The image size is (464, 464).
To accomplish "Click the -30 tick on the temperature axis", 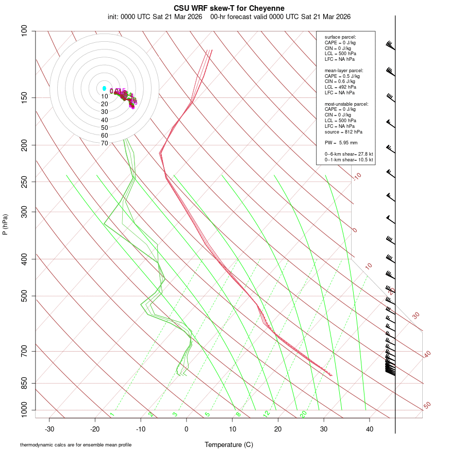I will point(49,429).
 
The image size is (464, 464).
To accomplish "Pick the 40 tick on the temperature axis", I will point(370,429).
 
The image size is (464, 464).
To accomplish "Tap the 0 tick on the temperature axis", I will point(187,429).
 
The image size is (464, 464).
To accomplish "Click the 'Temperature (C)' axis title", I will point(228,444).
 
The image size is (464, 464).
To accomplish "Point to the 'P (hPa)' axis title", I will point(5,224).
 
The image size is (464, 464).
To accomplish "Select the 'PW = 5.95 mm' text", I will point(341,142).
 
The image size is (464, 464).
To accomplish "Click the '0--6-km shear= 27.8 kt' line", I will point(349,154).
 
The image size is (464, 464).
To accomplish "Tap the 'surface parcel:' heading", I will point(340,37).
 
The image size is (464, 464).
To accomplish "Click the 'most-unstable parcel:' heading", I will point(346,104).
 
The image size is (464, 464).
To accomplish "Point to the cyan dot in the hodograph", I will point(104,89).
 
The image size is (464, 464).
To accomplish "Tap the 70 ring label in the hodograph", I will point(105,143).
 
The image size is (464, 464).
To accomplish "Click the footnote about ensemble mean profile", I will point(76,445).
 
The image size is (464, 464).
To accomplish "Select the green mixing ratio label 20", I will point(303,413).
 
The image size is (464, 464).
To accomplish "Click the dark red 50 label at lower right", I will point(427,405).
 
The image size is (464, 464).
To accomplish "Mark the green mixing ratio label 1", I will point(112,414).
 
